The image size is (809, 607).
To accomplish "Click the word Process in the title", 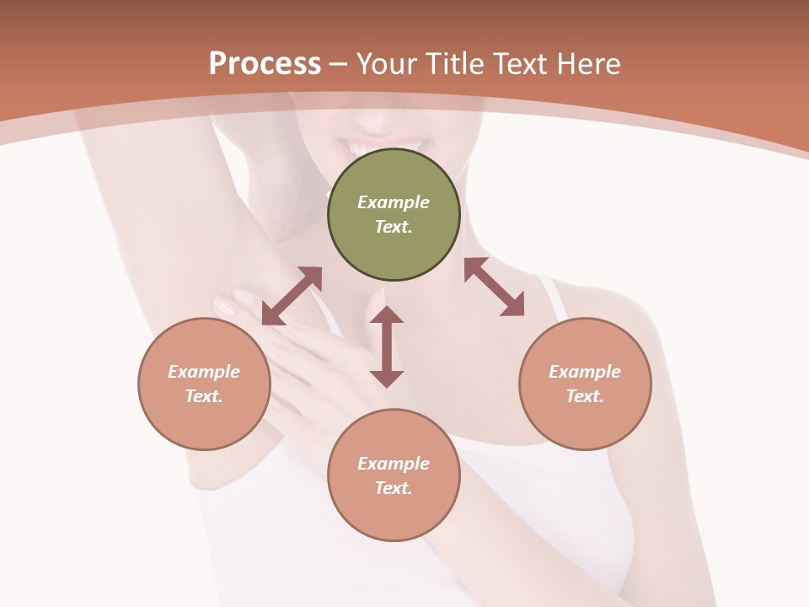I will click(265, 64).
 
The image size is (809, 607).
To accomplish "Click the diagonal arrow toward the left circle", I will click(292, 296).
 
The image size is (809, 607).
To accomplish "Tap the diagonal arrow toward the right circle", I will click(494, 287).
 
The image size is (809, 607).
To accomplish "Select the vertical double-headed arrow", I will click(387, 346).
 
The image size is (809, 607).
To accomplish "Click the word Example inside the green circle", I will click(394, 202).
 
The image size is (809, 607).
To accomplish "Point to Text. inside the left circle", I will click(204, 396).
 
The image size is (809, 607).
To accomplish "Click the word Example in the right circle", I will click(585, 372).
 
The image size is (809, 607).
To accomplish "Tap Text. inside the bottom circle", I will click(394, 488).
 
